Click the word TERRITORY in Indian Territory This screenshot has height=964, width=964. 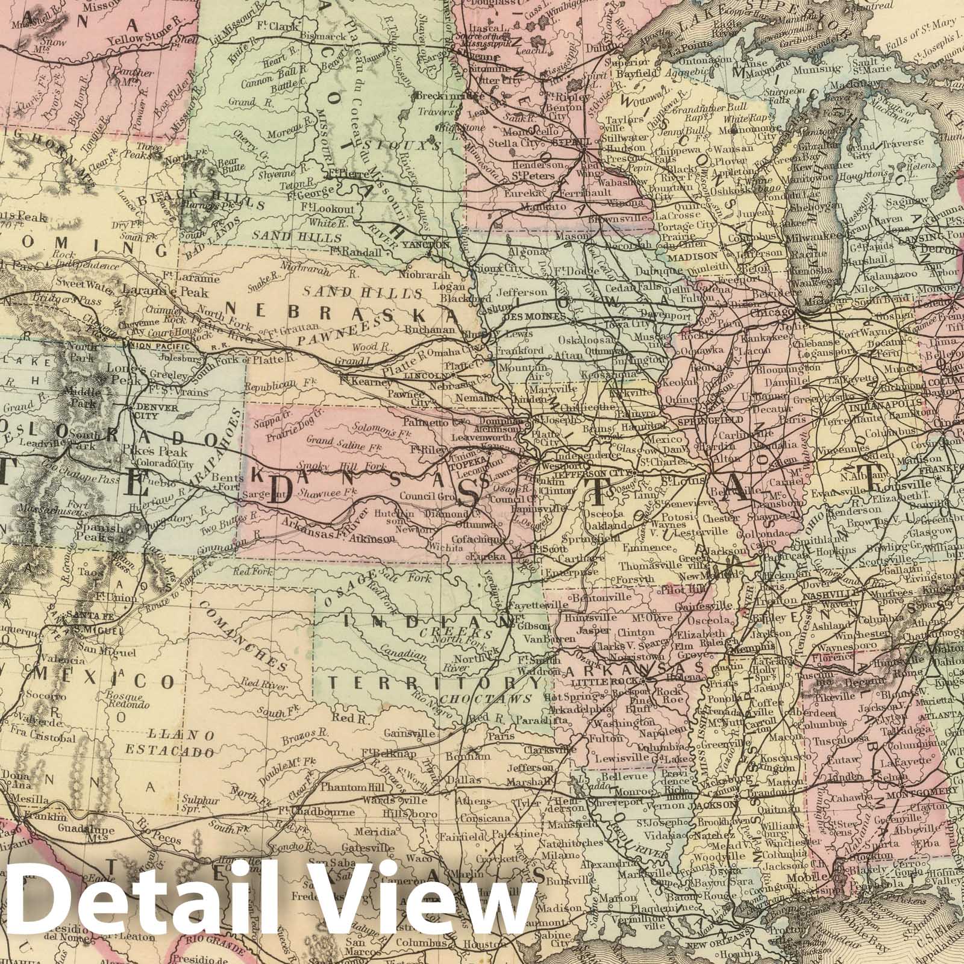(x=433, y=683)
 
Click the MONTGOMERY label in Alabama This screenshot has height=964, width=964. (x=930, y=790)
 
